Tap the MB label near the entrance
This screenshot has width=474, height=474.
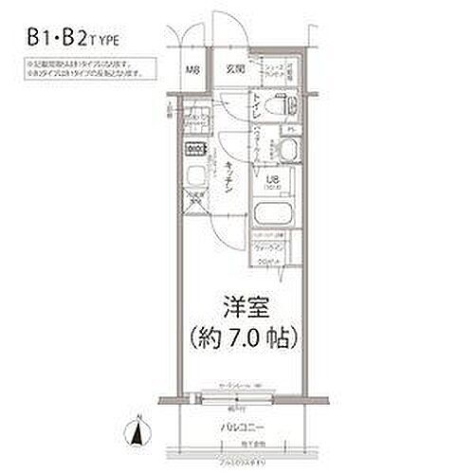[191, 71]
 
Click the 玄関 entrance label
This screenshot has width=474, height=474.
[233, 69]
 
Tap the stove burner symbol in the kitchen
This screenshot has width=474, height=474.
[195, 149]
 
